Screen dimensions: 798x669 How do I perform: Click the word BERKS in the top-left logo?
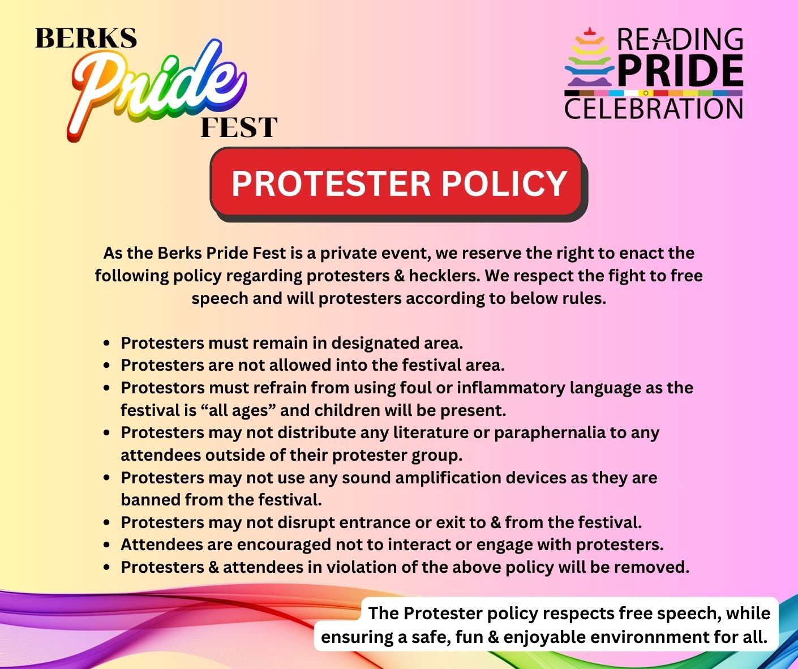click(86, 38)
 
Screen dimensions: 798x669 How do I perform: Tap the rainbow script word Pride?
click(157, 90)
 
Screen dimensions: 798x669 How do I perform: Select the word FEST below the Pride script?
click(239, 127)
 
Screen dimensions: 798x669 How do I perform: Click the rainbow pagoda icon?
click(589, 57)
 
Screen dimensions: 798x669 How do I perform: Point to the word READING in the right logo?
click(680, 40)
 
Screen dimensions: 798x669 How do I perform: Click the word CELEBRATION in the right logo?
click(654, 109)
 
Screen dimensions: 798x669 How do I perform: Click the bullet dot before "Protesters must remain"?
click(107, 344)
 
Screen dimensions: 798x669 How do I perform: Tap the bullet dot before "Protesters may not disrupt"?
click(107, 522)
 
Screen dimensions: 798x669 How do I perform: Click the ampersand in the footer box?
click(494, 637)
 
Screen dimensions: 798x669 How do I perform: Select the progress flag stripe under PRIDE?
click(654, 93)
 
